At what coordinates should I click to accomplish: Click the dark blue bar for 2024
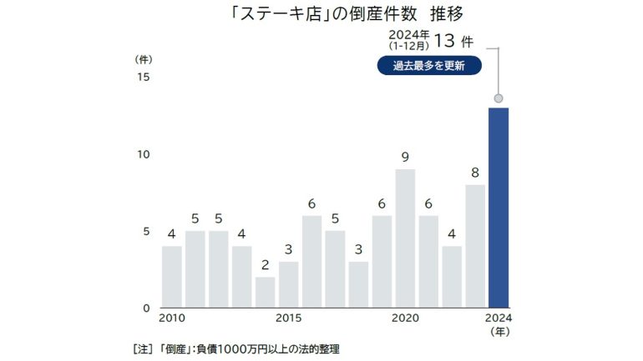(499, 208)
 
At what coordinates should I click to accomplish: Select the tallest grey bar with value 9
(405, 238)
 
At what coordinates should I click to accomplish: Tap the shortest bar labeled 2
(265, 292)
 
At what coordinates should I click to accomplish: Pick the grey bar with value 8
(475, 246)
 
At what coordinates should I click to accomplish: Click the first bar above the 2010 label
(172, 276)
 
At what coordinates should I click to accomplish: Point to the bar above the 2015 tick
(288, 284)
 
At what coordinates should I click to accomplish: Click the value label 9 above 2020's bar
(405, 157)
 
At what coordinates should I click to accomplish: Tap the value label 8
(475, 173)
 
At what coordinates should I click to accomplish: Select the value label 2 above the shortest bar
(265, 265)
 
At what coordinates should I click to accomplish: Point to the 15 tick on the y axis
(143, 78)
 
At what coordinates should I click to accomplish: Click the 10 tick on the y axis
(143, 154)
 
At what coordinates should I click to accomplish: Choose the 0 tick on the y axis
(145, 308)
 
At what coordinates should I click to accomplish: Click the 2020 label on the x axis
(405, 318)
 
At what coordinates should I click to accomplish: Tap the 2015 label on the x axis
(288, 318)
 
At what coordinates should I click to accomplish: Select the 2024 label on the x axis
(499, 318)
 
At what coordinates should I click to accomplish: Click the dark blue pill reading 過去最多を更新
(429, 65)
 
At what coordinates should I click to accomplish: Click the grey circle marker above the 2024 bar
(499, 98)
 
